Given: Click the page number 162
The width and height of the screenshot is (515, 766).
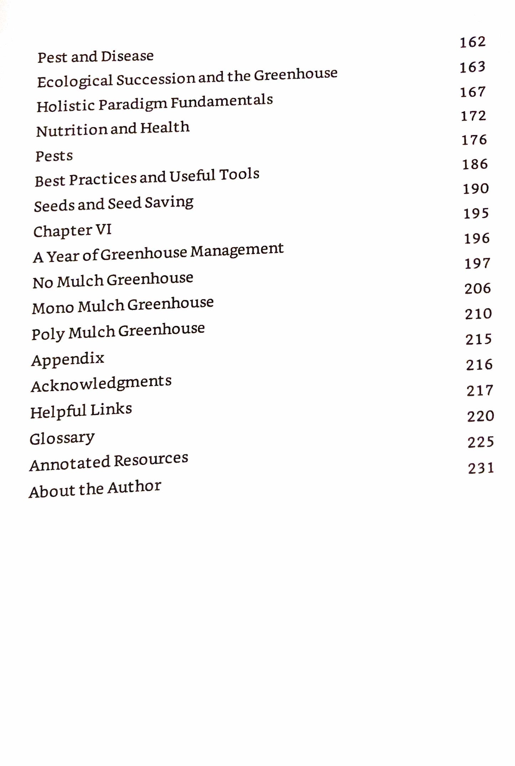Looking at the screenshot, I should point(473,42).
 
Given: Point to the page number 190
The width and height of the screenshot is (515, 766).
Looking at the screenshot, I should point(476,189).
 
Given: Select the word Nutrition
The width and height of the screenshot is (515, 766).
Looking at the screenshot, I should point(71,131).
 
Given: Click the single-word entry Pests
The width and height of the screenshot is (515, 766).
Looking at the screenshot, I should point(54,156).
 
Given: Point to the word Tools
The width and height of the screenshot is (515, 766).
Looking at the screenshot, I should point(239,175).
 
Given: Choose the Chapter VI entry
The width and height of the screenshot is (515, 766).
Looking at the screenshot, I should point(72,231).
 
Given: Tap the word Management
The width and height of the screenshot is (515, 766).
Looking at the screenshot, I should point(237,250).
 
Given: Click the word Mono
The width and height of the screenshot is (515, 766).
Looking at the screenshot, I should point(53,308).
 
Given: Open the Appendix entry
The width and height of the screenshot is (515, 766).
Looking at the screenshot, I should point(68,359).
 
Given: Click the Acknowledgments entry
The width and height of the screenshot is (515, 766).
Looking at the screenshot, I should point(101,384).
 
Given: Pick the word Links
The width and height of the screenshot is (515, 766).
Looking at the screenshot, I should point(111,410).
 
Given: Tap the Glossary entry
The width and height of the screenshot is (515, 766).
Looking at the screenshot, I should point(62,438).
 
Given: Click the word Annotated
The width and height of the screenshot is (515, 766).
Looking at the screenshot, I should point(70,464).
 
